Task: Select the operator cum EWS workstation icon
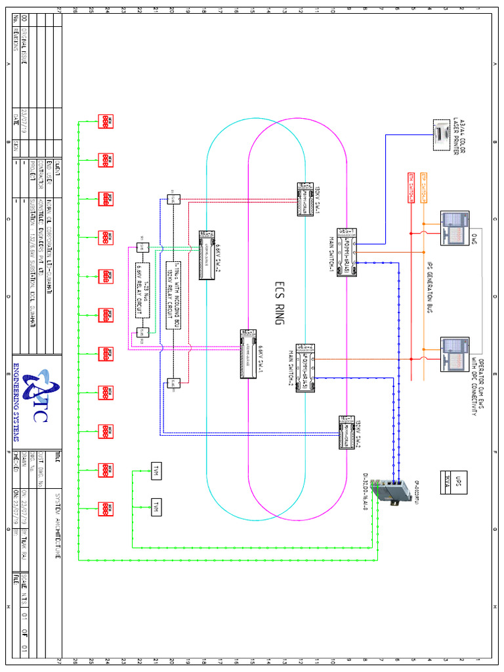(x=454, y=354)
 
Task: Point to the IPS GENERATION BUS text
(x=430, y=289)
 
